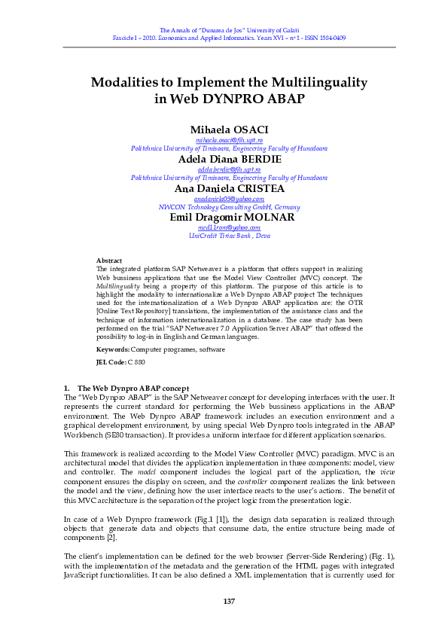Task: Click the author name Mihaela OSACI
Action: coord(229,130)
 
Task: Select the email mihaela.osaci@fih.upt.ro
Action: coord(229,141)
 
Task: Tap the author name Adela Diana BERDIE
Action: coord(229,160)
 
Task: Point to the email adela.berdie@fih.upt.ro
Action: coord(229,170)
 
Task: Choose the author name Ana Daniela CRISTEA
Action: coord(229,188)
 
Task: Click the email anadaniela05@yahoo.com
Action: coord(229,199)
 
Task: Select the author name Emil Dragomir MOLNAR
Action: coord(229,217)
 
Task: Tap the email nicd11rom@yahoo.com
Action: coord(229,227)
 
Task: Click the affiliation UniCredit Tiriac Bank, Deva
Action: coord(229,236)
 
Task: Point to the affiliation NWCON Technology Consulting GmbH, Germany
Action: coord(229,207)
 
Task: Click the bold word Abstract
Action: coord(109,261)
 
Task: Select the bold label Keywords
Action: coord(113,349)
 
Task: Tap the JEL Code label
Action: coord(111,362)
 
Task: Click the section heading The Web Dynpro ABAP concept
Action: coord(133,388)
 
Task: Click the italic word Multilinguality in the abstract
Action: coord(117,285)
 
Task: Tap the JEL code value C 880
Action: coord(136,362)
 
